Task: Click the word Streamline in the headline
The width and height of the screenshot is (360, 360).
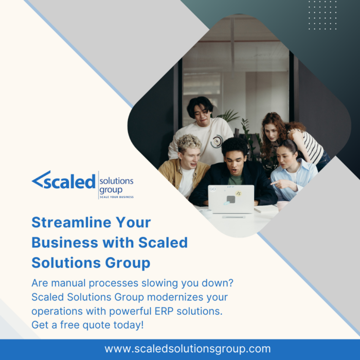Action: coord(72,222)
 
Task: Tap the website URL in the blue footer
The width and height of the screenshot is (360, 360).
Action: coord(188,349)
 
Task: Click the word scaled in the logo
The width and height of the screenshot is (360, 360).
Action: coord(69,181)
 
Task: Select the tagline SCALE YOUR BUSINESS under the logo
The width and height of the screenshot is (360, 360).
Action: coord(117,197)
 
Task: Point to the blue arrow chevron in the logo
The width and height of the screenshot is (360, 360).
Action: coord(41,179)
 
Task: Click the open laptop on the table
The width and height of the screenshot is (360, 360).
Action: coord(231,199)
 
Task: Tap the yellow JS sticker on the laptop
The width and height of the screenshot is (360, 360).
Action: coord(239,193)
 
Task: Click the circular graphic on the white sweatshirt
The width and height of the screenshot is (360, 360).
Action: coord(217,141)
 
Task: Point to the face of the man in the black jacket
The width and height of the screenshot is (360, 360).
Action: coord(235,162)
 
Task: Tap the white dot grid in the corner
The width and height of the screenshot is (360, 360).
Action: coord(322,15)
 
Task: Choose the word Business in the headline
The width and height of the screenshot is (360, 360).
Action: coord(65,242)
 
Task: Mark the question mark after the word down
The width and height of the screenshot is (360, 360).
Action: coord(231,283)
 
